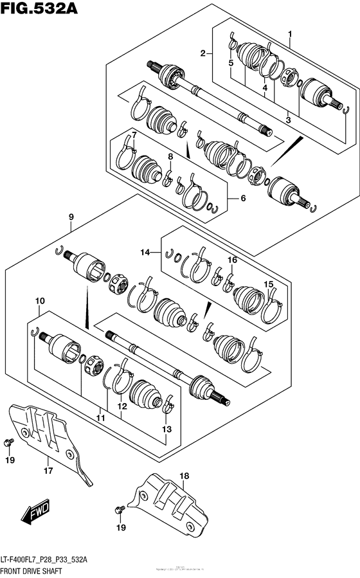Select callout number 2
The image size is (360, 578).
click(203, 53)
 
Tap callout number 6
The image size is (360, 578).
click(243, 199)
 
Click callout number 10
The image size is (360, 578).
click(40, 301)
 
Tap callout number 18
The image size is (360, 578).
click(184, 476)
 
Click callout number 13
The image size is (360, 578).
click(166, 429)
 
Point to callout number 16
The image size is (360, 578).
click(232, 260)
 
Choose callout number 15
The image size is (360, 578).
click(269, 284)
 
